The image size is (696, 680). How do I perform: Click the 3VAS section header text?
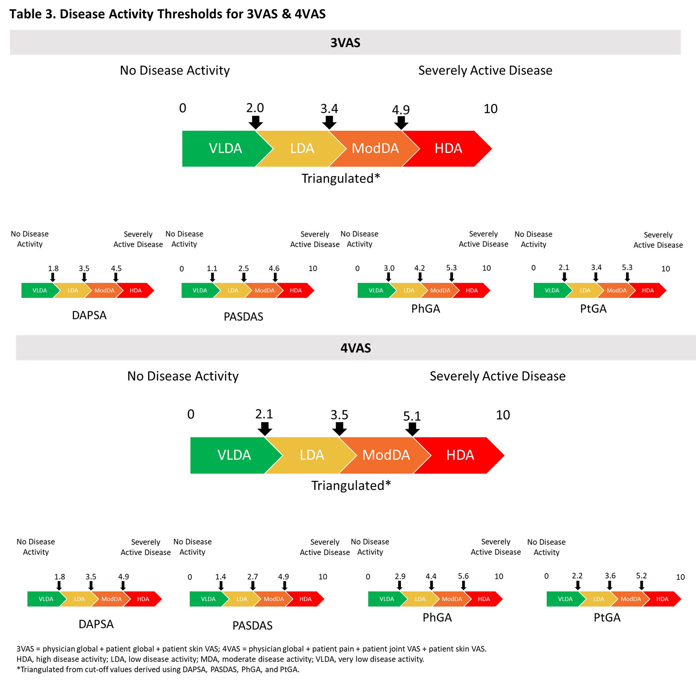(x=345, y=43)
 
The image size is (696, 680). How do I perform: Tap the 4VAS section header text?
(x=355, y=348)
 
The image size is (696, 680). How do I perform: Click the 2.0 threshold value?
(x=255, y=108)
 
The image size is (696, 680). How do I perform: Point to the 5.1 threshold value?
(x=412, y=416)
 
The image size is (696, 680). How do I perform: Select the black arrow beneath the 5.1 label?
(x=412, y=429)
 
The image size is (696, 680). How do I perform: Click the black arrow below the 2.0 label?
(x=255, y=122)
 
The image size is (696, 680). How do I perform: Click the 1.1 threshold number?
(x=212, y=268)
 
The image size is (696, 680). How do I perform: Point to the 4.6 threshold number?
(x=274, y=268)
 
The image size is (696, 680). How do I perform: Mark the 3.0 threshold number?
(x=389, y=268)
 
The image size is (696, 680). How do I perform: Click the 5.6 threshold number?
(x=463, y=576)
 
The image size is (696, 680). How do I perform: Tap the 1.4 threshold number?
(x=221, y=576)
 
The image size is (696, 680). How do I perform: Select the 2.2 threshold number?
(x=577, y=576)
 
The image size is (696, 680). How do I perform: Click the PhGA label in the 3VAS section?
(x=425, y=309)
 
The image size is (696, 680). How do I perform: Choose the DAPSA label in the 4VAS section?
(x=96, y=624)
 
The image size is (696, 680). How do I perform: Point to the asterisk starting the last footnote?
(x=18, y=669)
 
